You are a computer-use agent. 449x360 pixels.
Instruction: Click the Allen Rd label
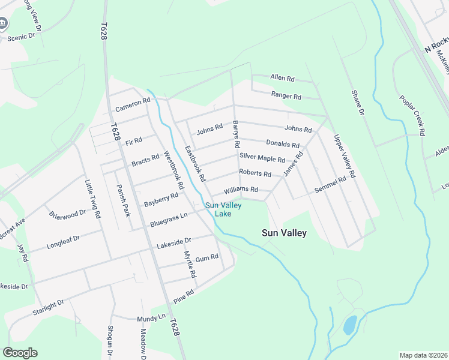pos(283,79)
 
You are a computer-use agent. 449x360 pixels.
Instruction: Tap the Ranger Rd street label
pos(286,95)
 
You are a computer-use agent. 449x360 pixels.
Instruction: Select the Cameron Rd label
pos(132,105)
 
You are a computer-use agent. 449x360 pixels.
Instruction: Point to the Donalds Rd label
pos(283,144)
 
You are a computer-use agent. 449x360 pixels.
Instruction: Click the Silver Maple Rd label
pos(262,158)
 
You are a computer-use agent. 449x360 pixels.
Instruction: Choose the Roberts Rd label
pos(255,173)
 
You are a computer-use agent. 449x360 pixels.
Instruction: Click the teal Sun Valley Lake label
pos(223,209)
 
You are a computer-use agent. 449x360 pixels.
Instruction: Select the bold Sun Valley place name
pos(285,233)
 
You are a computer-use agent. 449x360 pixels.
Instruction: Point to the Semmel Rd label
pos(331,185)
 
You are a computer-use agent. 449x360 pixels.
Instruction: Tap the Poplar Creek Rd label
pos(412,115)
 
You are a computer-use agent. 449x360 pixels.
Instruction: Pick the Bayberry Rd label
pos(161,200)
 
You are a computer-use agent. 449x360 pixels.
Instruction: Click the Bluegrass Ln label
pos(169,218)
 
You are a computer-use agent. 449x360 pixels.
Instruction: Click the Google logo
pos(20,353)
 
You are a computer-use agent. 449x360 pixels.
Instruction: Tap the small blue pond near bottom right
pos(349,325)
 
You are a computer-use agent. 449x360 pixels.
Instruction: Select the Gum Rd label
pos(206,258)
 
